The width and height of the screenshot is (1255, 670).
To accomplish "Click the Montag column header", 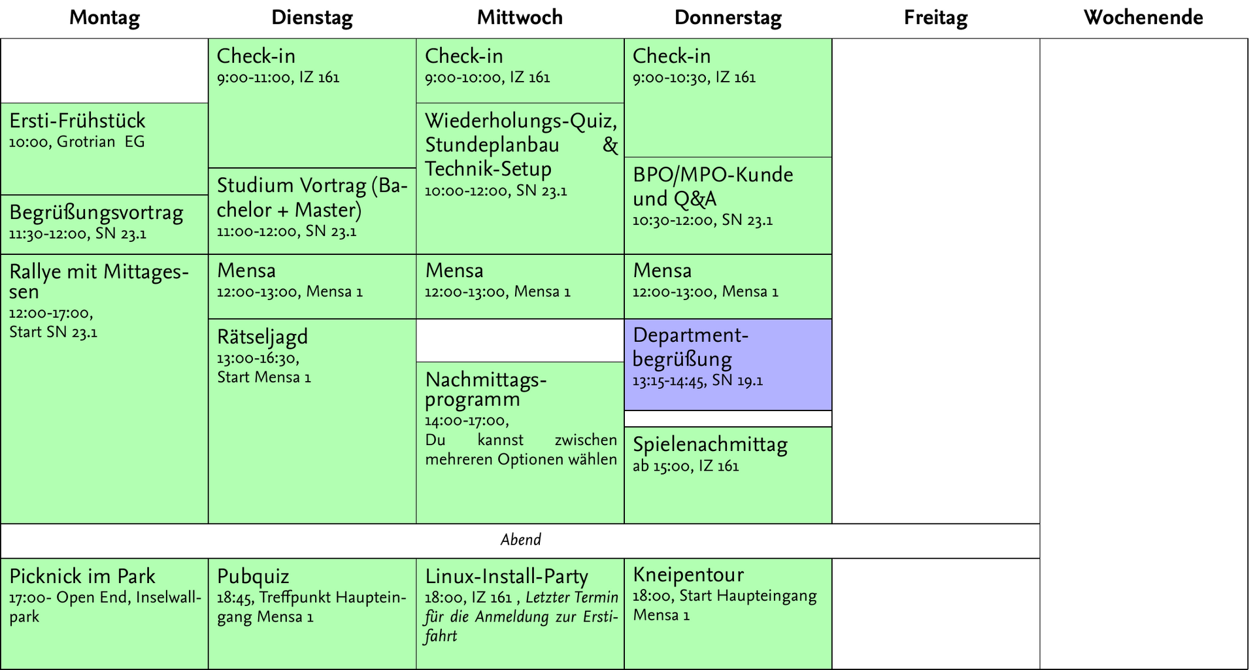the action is [105, 18].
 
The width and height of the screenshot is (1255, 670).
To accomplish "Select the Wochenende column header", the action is [1143, 18].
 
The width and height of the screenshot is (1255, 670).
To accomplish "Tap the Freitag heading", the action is [935, 18].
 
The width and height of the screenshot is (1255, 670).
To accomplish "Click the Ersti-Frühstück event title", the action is [77, 120].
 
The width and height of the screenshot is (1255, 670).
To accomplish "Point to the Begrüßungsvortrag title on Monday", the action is [96, 213].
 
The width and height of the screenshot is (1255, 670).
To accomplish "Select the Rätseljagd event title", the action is [262, 337].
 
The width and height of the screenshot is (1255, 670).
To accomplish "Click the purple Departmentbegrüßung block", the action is [728, 365].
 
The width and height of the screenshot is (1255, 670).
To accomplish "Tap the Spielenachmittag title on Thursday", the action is [710, 444].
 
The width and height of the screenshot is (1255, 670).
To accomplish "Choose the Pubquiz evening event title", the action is [253, 577].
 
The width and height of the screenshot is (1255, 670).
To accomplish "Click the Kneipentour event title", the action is [688, 575].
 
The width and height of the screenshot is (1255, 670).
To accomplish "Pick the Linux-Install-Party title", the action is [507, 577].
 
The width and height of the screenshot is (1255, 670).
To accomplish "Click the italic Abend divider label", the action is [521, 540].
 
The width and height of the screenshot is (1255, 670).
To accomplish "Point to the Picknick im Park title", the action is [82, 577].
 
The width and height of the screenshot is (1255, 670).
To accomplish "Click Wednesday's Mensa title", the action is [454, 271].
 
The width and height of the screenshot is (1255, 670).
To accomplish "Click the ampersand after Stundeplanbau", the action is [610, 144].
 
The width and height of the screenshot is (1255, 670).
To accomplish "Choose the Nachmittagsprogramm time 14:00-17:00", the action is [467, 421].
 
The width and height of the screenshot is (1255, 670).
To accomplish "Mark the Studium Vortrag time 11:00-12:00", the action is [256, 232].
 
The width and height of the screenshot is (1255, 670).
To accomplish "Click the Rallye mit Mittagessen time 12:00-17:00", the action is [51, 314].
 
